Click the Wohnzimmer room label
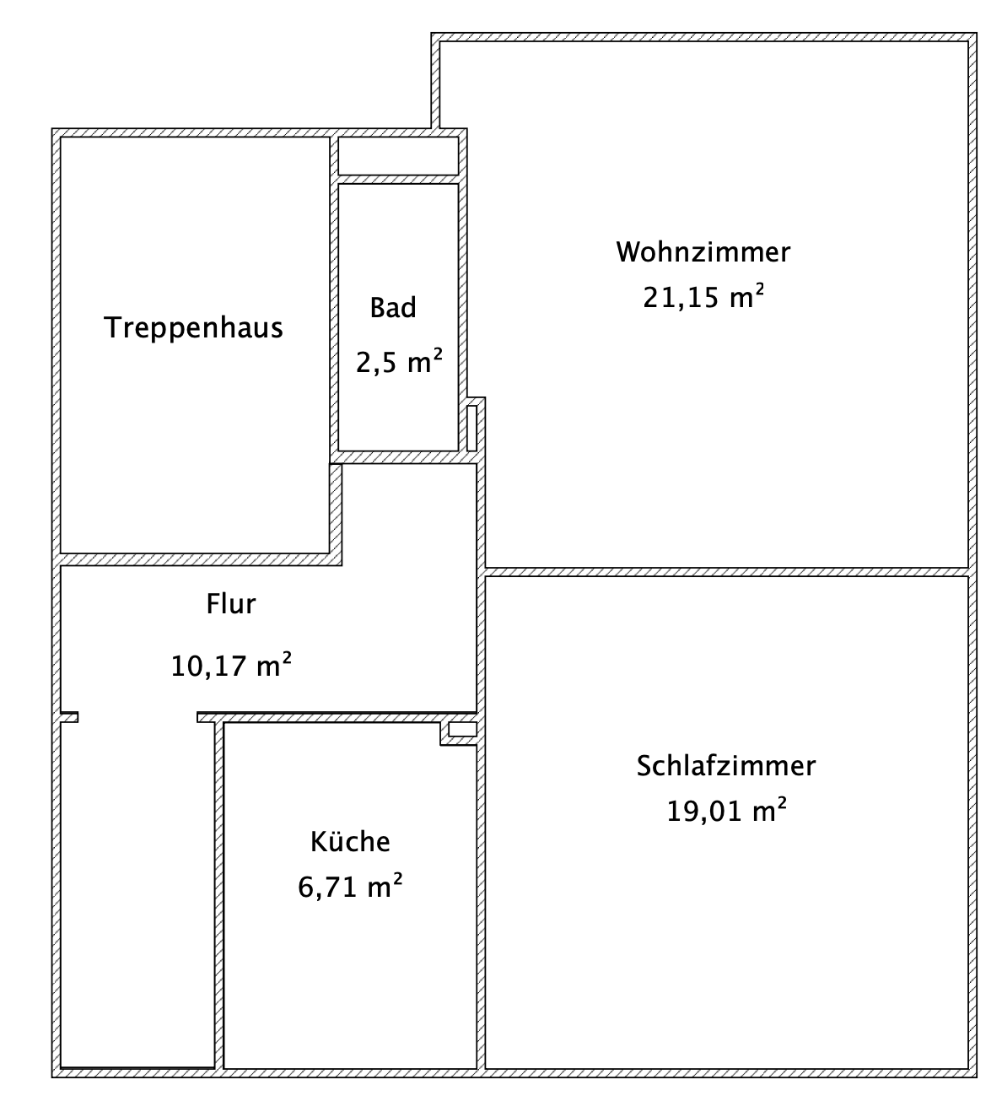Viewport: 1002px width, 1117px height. [703, 252]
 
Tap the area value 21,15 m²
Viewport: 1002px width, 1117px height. [703, 297]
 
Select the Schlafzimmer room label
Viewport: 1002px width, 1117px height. [726, 766]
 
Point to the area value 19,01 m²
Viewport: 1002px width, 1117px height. [726, 811]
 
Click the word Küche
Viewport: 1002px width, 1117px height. [350, 842]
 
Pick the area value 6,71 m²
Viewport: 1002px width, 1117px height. [350, 887]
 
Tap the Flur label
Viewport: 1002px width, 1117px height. [230, 604]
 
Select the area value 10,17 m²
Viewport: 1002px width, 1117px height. [231, 666]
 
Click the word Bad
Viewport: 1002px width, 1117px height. [393, 308]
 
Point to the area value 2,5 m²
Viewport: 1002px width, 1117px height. [399, 363]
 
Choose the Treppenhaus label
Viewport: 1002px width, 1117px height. [193, 327]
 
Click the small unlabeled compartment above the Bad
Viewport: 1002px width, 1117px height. [398, 155]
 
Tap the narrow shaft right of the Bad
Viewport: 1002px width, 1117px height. [472, 428]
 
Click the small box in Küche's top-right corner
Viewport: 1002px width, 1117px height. [462, 730]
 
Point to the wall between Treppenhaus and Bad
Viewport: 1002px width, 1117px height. [334, 295]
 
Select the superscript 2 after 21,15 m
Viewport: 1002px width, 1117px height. [759, 289]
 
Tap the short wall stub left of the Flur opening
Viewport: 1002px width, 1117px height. [69, 717]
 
